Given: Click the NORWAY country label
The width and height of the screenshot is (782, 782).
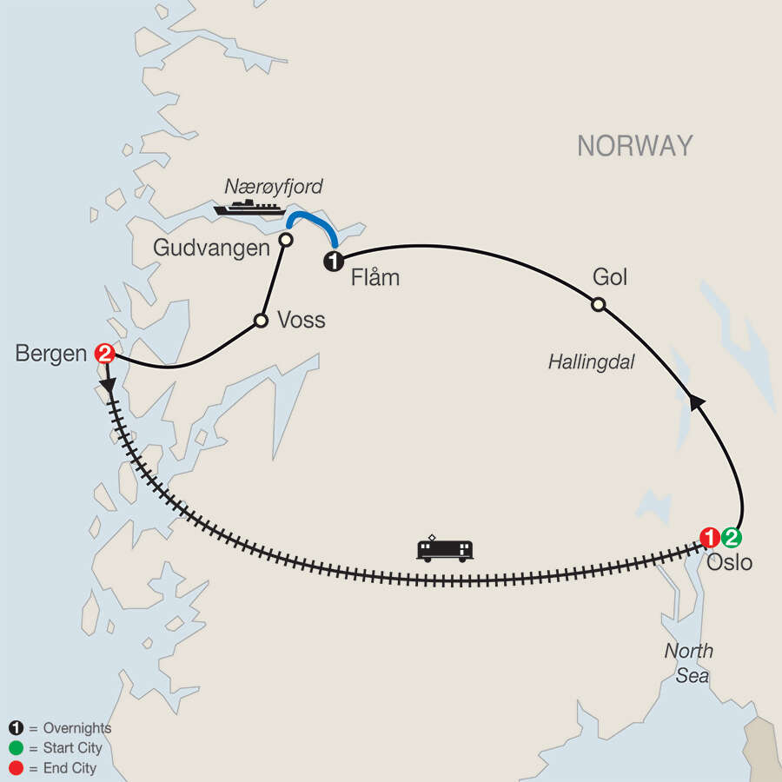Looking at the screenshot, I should click(x=635, y=146).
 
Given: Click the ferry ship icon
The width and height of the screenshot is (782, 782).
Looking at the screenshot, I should click(x=251, y=207).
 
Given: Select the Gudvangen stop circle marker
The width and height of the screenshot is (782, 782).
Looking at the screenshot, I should click(x=284, y=239).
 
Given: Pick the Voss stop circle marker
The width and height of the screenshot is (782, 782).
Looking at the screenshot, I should click(x=260, y=321).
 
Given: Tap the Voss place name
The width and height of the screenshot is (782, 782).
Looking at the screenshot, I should click(x=301, y=321).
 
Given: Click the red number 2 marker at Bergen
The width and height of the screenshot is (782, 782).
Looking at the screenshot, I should click(x=105, y=354).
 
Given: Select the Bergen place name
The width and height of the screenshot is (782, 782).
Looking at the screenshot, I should click(x=51, y=354).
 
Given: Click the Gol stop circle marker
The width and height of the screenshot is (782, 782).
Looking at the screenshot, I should click(x=598, y=304).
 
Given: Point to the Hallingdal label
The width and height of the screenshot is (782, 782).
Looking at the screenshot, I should click(x=591, y=363).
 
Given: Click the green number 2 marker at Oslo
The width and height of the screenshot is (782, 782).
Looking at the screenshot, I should click(x=733, y=536).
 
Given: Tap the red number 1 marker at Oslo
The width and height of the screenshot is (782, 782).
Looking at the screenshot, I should click(x=712, y=536).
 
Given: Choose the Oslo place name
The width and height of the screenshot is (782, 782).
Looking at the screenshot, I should click(x=730, y=562).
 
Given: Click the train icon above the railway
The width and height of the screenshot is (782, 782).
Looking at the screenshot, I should click(x=445, y=548).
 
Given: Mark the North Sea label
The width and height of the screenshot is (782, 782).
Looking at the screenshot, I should click(x=690, y=663).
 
